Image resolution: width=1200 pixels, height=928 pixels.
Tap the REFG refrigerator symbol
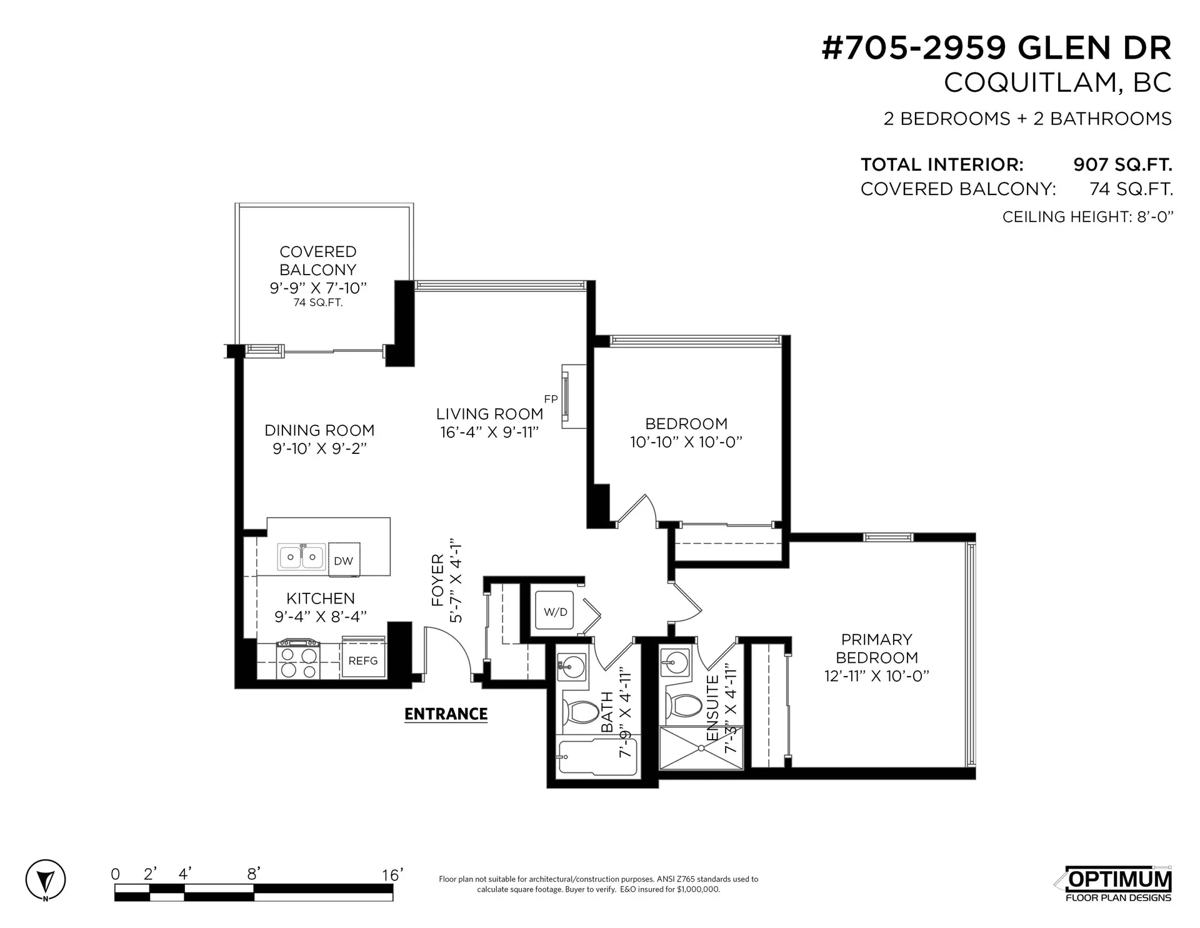tap(363, 660)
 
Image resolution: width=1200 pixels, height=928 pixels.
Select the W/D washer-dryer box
tap(555, 612)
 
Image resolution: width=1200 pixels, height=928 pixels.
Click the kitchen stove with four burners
tap(298, 660)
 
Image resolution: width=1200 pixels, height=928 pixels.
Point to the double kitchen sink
tap(301, 556)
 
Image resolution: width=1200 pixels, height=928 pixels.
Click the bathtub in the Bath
tap(596, 757)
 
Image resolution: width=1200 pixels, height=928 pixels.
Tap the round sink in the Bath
tap(571, 667)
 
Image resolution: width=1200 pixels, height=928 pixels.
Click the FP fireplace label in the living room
tap(551, 399)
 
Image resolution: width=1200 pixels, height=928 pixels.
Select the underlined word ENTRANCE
tap(446, 714)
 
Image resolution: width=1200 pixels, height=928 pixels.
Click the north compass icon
tap(46, 881)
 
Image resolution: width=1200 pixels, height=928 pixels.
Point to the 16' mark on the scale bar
tap(392, 875)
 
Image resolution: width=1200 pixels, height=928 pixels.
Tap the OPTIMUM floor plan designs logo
tap(1118, 884)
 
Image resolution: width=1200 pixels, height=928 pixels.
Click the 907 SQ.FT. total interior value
tap(1122, 164)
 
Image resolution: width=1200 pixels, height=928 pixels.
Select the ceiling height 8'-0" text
tap(1087, 217)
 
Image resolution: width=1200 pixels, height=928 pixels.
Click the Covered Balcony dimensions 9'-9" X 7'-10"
tap(317, 288)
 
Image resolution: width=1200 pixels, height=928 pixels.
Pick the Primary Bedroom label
tap(877, 648)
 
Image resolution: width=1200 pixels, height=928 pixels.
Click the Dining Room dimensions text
tap(319, 448)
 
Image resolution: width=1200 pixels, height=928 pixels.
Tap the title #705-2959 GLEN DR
tap(996, 48)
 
